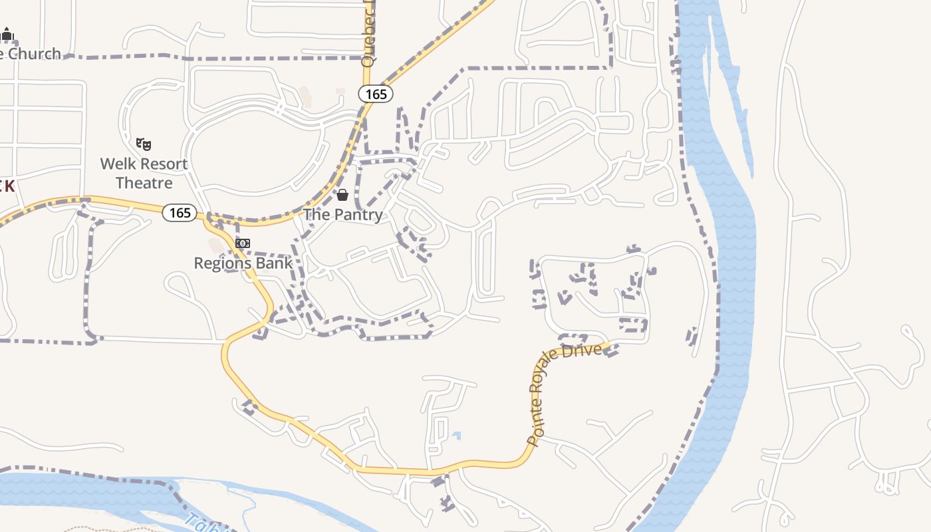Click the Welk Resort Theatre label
pos(144,173)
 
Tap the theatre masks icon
pos(144,143)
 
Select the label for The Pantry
pos(343,215)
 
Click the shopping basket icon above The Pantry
pos(342,195)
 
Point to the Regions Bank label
pos(243,263)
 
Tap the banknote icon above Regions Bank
pos(243,243)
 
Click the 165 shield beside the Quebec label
pos(376,94)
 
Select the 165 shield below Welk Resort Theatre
pos(180,213)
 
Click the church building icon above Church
pos(7,34)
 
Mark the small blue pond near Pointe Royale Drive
pos(456,436)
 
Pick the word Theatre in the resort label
pos(144,183)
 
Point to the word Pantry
pos(357,215)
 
